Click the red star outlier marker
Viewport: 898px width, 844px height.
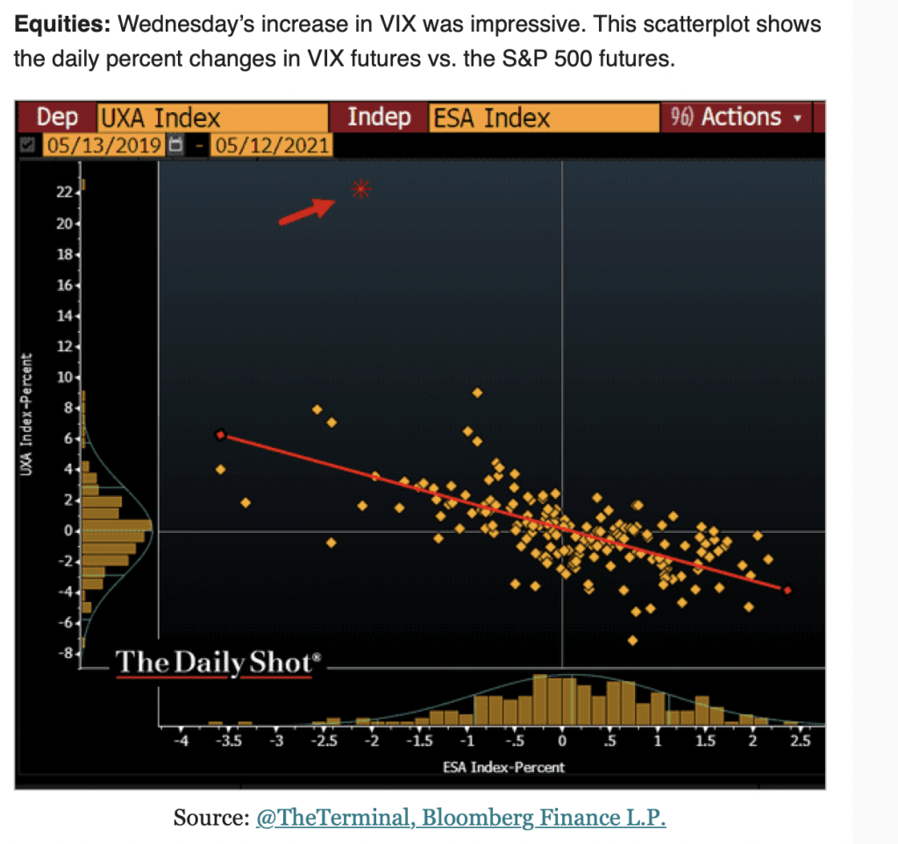pos(360,188)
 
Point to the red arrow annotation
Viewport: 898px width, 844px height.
pos(306,211)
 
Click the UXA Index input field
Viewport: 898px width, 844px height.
pos(210,118)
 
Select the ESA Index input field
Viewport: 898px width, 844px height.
pos(543,118)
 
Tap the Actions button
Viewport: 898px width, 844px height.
pos(738,117)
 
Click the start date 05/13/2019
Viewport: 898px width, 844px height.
pos(105,145)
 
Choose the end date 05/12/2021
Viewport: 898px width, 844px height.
pos(270,145)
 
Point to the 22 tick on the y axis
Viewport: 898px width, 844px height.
pos(63,193)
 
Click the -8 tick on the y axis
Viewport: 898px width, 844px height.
pos(62,653)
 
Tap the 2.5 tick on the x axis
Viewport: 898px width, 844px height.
pos(799,741)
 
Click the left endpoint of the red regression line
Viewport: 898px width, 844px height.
pos(221,435)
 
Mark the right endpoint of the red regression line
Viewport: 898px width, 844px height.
pos(788,591)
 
